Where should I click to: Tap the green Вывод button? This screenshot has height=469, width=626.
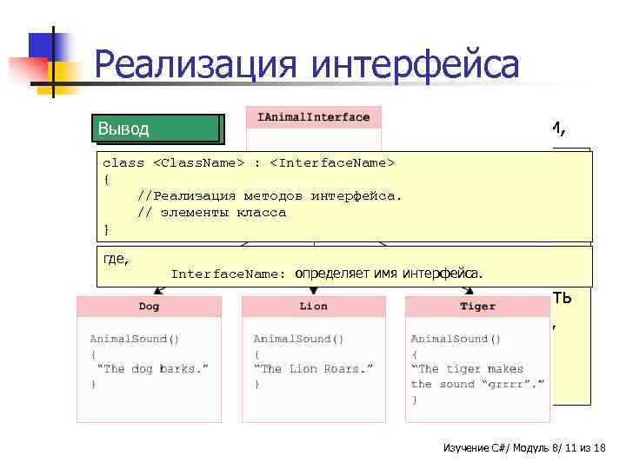pos(157,129)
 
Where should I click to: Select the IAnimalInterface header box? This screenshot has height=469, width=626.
pos(314,117)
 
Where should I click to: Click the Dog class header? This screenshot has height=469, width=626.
pos(149,307)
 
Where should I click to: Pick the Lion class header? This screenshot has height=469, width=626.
pos(313,307)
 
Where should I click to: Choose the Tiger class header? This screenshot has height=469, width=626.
pos(477,307)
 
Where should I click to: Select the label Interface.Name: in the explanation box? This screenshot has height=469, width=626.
pos(229,274)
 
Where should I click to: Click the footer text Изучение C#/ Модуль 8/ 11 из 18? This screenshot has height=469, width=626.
pos(523,447)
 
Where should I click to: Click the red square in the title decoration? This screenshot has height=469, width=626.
pos(28,68)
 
